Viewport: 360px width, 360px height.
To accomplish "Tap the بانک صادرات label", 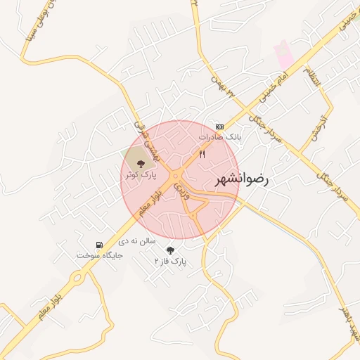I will point(219,137).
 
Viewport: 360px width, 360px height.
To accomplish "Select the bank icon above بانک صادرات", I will point(219,126).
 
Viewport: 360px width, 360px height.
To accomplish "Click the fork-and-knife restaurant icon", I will point(202,154).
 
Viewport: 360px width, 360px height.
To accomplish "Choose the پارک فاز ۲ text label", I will point(169,261).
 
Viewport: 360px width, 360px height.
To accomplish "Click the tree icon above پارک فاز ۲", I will point(169,250).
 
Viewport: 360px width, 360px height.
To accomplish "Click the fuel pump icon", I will point(99,245).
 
